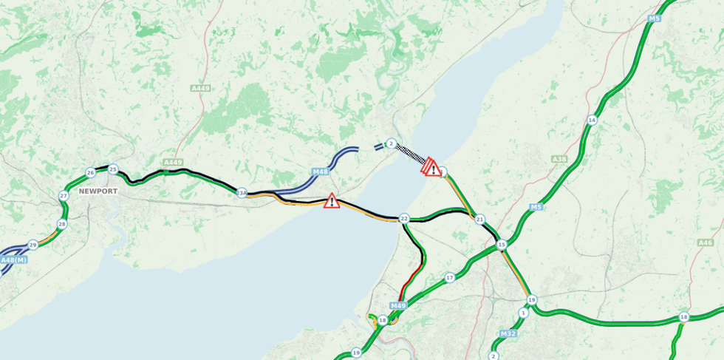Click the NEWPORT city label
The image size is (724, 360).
98,191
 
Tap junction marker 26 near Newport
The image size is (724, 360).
90,173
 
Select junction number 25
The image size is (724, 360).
113,169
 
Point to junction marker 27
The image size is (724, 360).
64,196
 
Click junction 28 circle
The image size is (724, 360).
62,224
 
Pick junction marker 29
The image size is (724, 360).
33,245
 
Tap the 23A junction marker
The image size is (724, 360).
242,193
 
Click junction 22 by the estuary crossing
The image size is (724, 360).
403,219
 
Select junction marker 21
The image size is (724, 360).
479,220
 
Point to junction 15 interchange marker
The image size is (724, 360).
502,245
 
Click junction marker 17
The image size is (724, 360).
450,278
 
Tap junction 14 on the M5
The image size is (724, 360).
592,120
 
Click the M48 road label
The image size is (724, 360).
320,172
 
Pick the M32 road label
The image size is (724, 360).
508,334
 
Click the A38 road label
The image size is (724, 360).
559,159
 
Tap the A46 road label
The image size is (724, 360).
706,242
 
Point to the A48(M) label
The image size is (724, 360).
13,260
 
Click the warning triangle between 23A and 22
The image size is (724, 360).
332,200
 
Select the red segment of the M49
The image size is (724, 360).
409,285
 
